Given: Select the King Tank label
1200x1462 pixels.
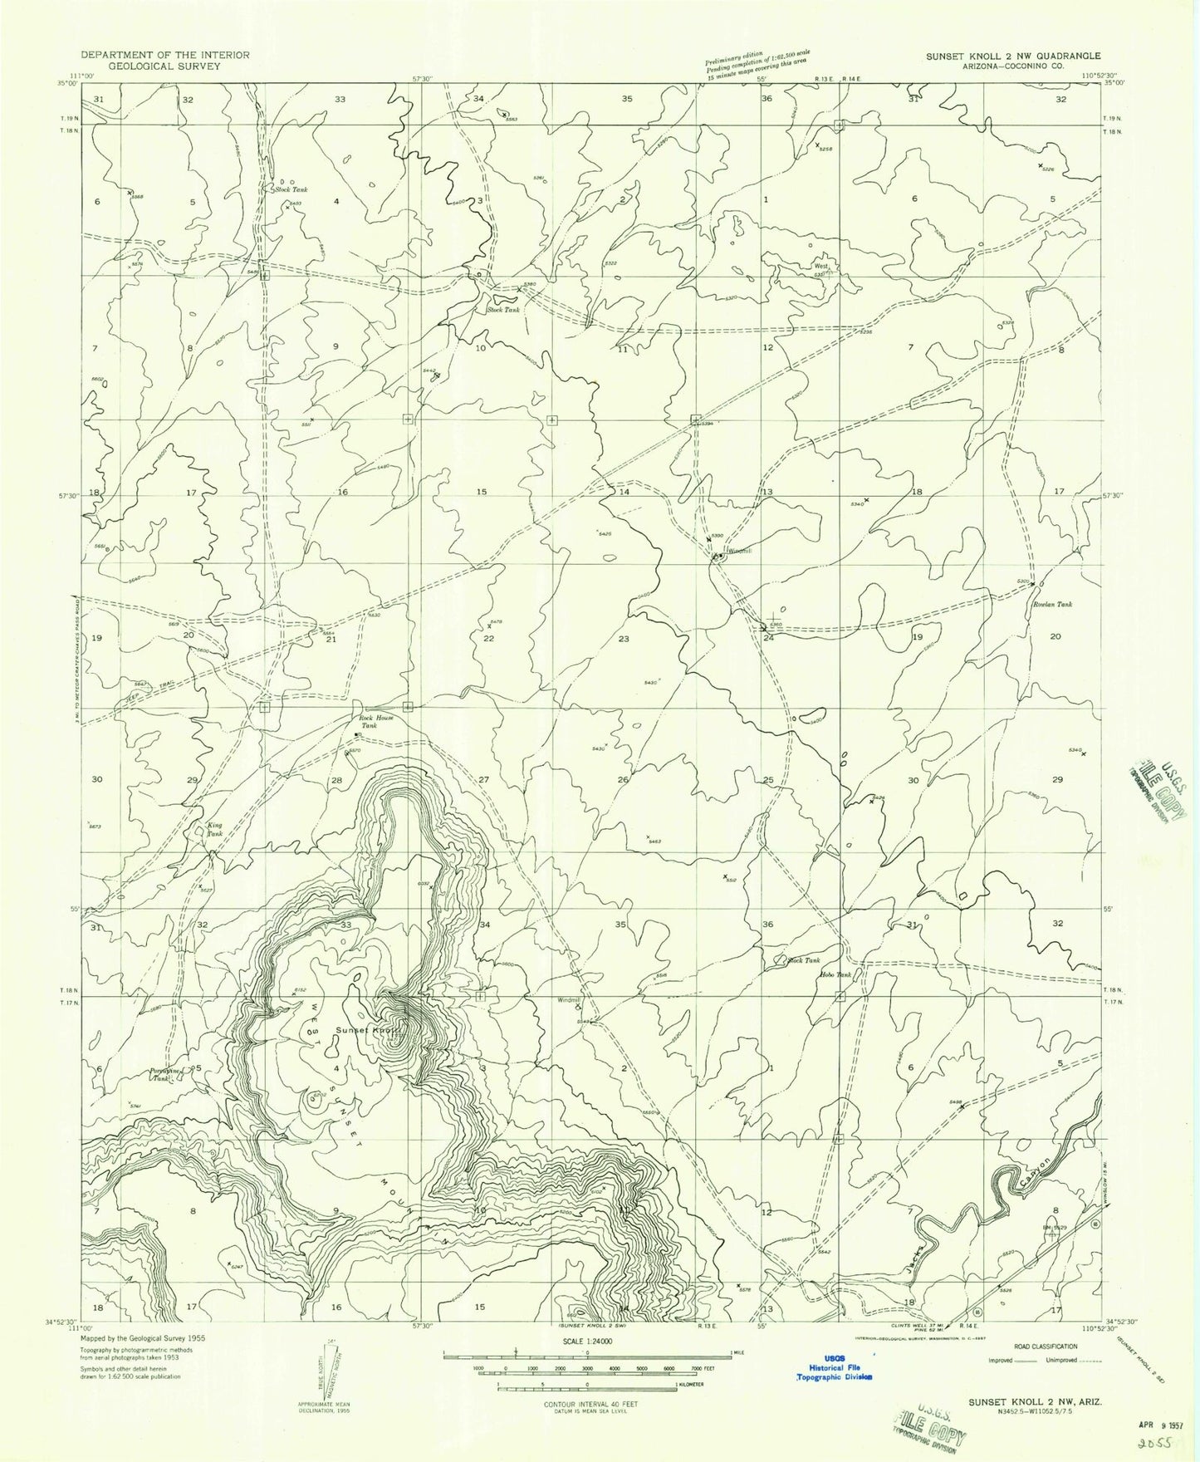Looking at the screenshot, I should (x=214, y=829).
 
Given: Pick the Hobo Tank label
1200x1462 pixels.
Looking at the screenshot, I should (x=835, y=974).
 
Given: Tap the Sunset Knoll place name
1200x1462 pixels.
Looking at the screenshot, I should (x=368, y=1030).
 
